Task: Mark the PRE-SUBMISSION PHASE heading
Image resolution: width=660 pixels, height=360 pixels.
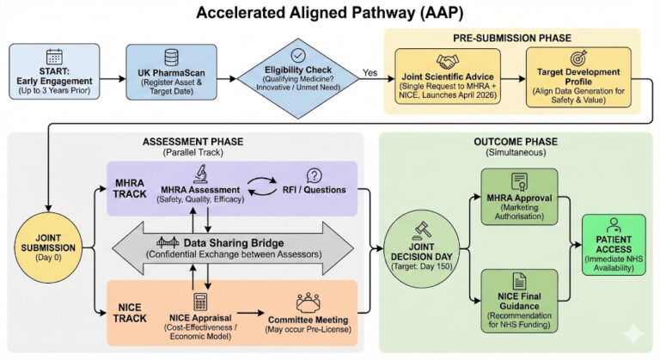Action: pyautogui.click(x=511, y=40)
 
